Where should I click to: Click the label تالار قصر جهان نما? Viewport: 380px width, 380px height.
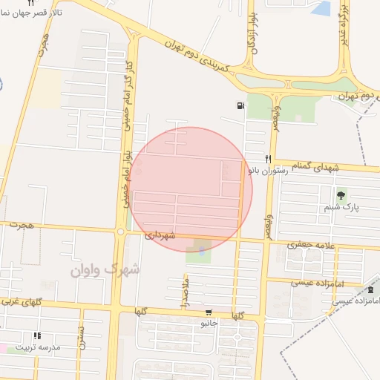28,14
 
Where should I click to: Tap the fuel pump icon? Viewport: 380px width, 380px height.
239,106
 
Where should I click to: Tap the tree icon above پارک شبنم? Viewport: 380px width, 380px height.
341,196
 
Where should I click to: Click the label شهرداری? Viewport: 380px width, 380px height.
159,236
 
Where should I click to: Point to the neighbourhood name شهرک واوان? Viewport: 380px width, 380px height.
104,270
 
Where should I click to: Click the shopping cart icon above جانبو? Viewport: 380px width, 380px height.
209,312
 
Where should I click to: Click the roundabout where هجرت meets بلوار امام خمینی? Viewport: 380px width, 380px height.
120,232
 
